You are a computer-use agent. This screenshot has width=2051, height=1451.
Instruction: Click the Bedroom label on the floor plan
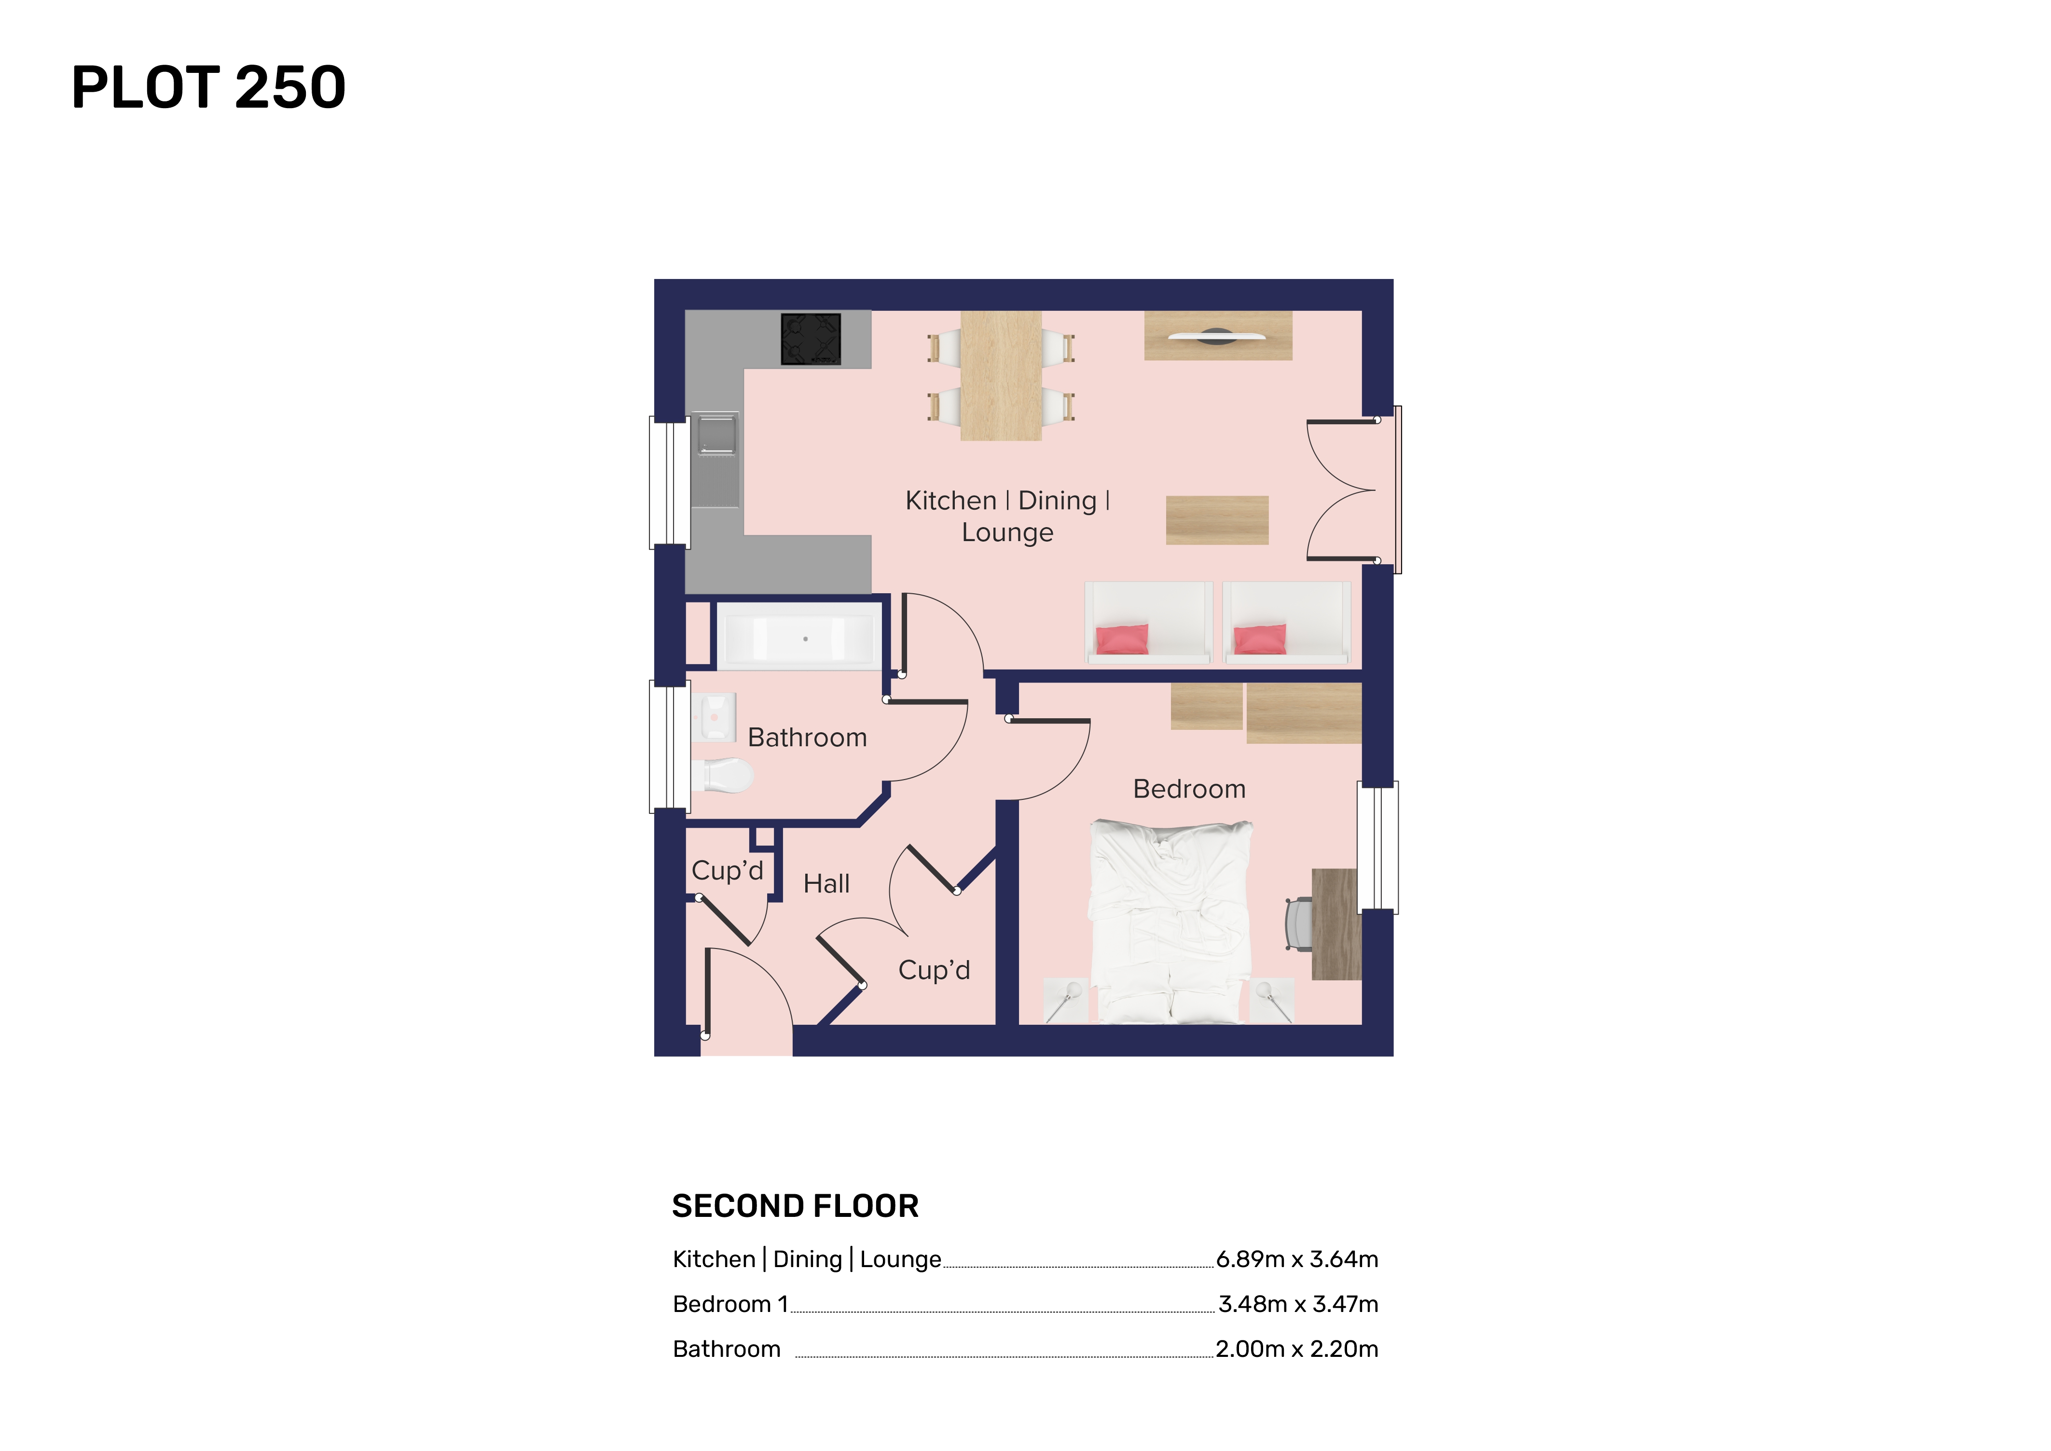click(x=1189, y=789)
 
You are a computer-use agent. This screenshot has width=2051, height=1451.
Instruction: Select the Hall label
click(x=826, y=884)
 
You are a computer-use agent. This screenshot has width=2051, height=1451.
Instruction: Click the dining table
click(x=1001, y=375)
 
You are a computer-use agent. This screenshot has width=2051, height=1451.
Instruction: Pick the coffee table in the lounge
click(x=1217, y=520)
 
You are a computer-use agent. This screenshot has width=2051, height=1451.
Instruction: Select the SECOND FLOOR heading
click(x=795, y=1206)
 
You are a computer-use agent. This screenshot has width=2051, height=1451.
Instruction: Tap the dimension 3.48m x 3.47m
click(x=1298, y=1304)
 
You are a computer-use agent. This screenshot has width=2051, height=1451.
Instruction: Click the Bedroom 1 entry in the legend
click(x=731, y=1304)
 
